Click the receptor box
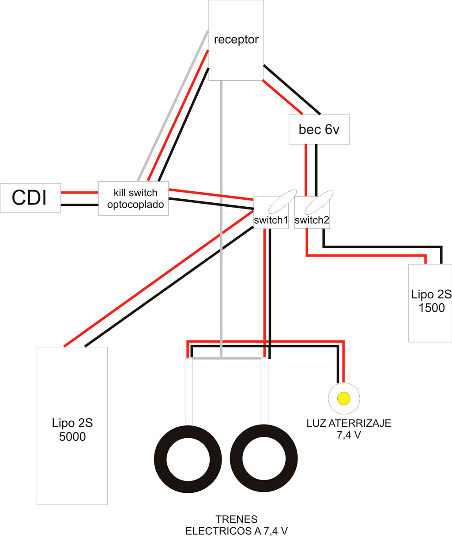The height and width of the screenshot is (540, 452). coord(236,40)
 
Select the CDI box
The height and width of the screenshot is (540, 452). coord(30,198)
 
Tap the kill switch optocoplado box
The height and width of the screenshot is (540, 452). coord(133,198)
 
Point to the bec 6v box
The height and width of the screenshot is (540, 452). coord(319,129)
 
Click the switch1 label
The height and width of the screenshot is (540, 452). coord(271,220)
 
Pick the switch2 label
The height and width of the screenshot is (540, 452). coord(312,220)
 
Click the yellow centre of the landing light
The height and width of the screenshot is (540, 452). coord(344,398)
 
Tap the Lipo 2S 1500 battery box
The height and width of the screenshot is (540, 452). coord(430,303)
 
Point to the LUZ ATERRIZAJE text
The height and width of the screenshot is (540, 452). coord(349,423)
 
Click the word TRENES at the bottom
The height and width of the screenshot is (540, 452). coord(237,519)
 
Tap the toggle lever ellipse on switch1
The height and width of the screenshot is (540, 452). coord(282,201)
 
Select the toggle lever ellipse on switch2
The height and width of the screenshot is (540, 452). coord(319,202)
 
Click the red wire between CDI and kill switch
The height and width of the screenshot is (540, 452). coord(79,192)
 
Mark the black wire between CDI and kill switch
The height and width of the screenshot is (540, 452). coord(79,205)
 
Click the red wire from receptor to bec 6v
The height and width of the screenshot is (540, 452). coord(282,97)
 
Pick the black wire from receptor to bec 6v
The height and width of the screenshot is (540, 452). coord(292,89)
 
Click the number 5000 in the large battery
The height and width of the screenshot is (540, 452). coord(72,437)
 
